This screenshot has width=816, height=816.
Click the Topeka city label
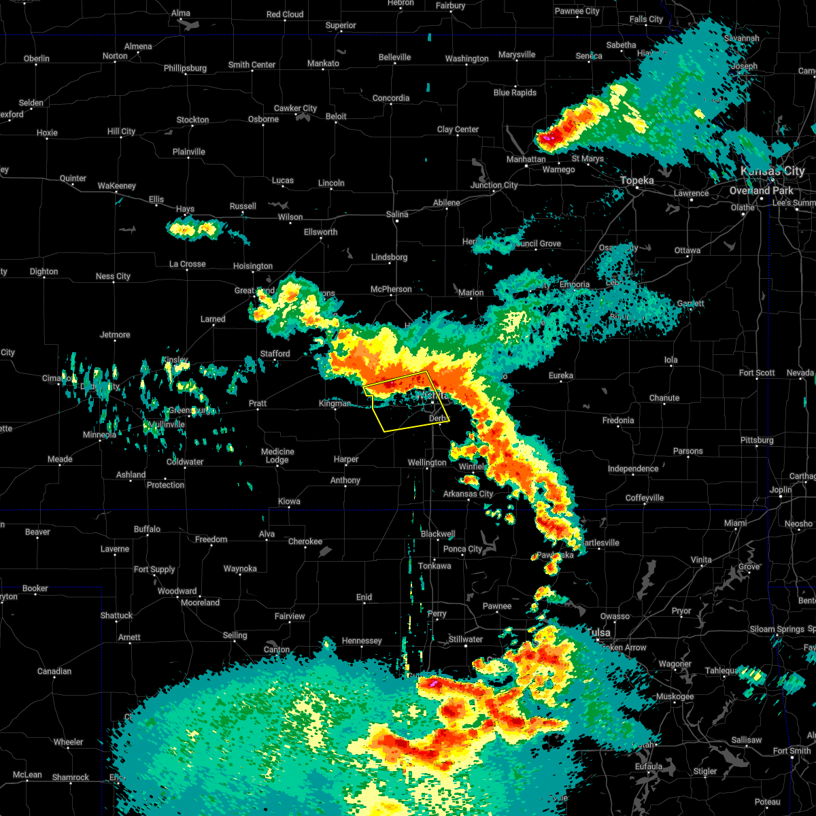click(x=637, y=181)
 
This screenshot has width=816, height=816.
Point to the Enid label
click(x=364, y=598)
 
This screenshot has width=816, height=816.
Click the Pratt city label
click(x=258, y=404)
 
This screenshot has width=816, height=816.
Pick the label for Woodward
click(x=177, y=592)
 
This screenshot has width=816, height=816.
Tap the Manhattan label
click(x=526, y=159)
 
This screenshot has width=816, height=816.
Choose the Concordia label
click(x=391, y=99)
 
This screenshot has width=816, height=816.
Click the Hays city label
click(x=185, y=209)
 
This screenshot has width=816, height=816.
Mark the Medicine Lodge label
click(x=277, y=456)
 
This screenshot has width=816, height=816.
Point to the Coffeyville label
click(x=645, y=498)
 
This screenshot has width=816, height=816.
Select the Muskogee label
click(x=675, y=697)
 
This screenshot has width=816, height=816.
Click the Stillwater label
click(x=465, y=640)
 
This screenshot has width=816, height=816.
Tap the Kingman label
click(x=335, y=404)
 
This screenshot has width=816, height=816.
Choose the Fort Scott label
click(x=757, y=373)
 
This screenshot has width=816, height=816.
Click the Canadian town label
click(x=54, y=672)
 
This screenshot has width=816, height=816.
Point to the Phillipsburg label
click(x=185, y=69)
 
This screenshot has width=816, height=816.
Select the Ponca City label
click(x=462, y=549)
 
